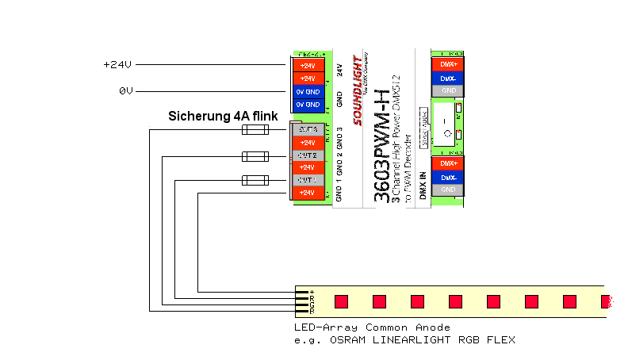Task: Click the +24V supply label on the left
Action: click(x=117, y=65)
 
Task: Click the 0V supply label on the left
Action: click(x=125, y=91)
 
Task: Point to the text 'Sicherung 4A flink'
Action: click(x=222, y=116)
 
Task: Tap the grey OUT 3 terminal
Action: click(x=308, y=129)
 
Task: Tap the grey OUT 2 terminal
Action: click(x=308, y=155)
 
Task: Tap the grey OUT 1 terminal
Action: click(x=308, y=180)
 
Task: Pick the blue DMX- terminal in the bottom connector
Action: click(x=447, y=177)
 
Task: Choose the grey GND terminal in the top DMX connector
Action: click(x=447, y=90)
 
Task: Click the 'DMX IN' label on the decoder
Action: click(x=423, y=185)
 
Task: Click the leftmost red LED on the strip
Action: click(x=341, y=302)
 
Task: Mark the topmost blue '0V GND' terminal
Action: click(x=308, y=91)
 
